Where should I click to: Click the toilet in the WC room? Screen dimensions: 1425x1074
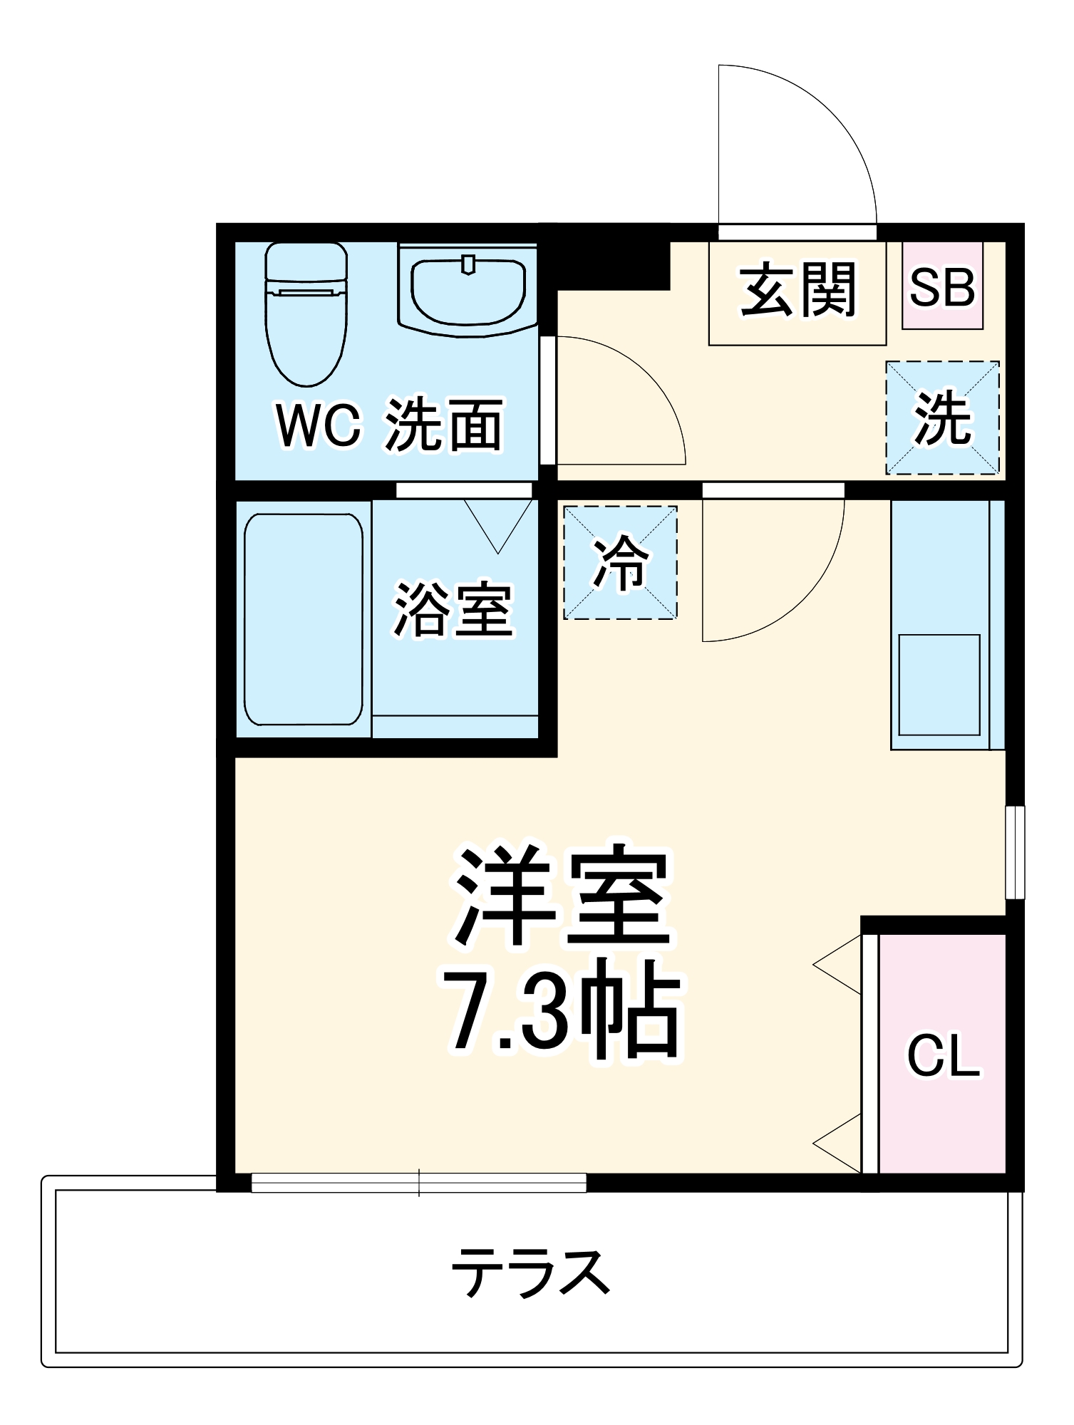(306, 313)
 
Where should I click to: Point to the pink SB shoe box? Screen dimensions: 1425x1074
(942, 286)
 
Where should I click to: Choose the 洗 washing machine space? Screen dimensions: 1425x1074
(942, 418)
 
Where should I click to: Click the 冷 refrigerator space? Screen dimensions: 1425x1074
(620, 562)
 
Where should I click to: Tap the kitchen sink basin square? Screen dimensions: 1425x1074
(939, 684)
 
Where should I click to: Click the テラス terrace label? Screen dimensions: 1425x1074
(531, 1272)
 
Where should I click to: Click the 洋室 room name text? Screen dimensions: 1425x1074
(563, 898)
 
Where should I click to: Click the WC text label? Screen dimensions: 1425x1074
(318, 426)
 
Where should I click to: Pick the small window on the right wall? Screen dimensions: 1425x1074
(1015, 852)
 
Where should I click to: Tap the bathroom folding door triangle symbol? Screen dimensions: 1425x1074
(498, 524)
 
